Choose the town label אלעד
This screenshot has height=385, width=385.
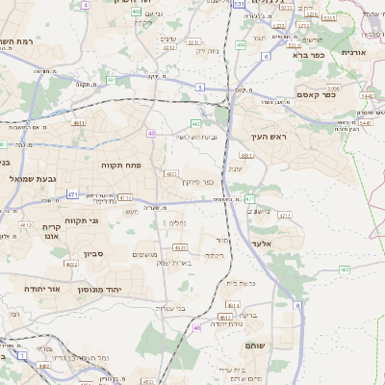pyautogui.click(x=262, y=244)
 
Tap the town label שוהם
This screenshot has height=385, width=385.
pyautogui.click(x=255, y=344)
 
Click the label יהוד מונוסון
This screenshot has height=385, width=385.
pyautogui.click(x=124, y=288)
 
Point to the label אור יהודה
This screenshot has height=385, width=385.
pyautogui.click(x=40, y=288)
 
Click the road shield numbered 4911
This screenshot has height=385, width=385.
pyautogui.click(x=78, y=122)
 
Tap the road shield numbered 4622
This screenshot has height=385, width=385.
pyautogui.click(x=70, y=263)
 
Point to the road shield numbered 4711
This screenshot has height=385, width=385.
pyautogui.click(x=285, y=216)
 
